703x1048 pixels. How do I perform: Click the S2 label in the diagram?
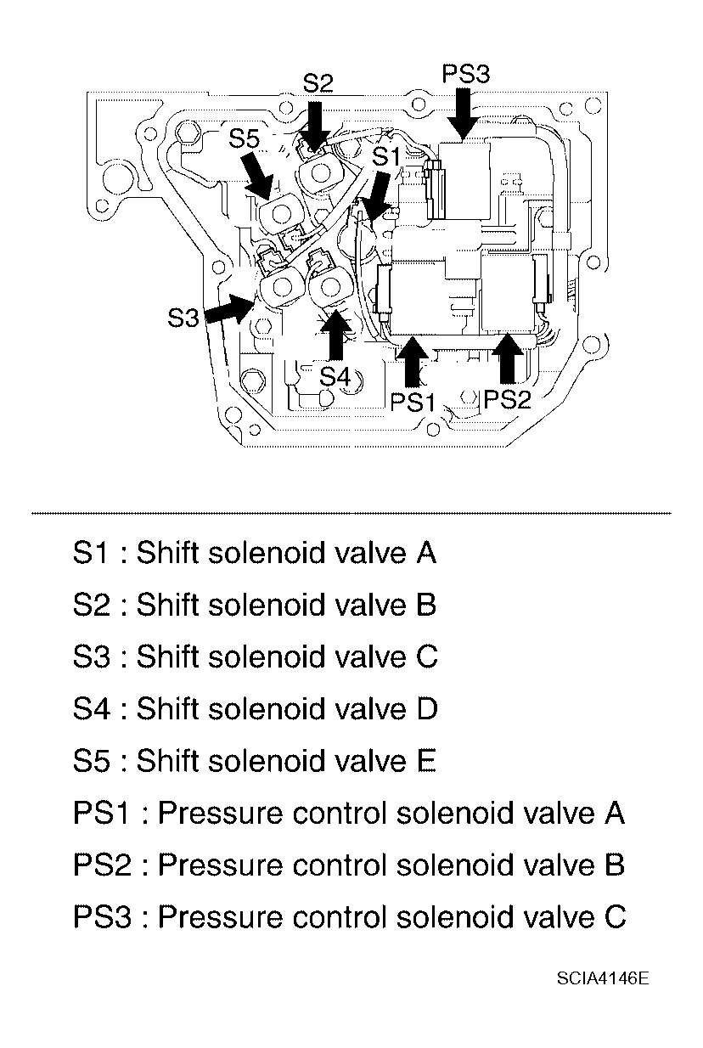[x=318, y=83]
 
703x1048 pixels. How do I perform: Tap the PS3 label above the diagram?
[x=466, y=74]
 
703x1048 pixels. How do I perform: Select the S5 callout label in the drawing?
[x=244, y=138]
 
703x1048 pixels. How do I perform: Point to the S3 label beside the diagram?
[x=183, y=318]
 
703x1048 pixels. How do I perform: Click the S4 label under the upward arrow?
[x=335, y=375]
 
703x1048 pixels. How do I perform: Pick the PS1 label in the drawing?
[x=413, y=402]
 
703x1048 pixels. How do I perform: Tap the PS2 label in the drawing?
[x=508, y=399]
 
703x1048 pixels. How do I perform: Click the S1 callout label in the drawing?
[x=386, y=157]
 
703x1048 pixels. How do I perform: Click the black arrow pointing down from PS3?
[x=463, y=114]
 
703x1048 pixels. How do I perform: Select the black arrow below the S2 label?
[x=315, y=127]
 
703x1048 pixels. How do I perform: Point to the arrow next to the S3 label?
[x=229, y=309]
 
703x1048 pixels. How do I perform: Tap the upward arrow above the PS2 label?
[x=508, y=358]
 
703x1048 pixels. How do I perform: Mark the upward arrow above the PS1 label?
[x=412, y=361]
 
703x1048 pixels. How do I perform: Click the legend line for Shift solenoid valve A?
[x=255, y=553]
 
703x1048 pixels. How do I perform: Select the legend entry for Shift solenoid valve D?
[x=256, y=708]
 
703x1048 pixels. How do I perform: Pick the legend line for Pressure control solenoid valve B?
[x=350, y=865]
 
